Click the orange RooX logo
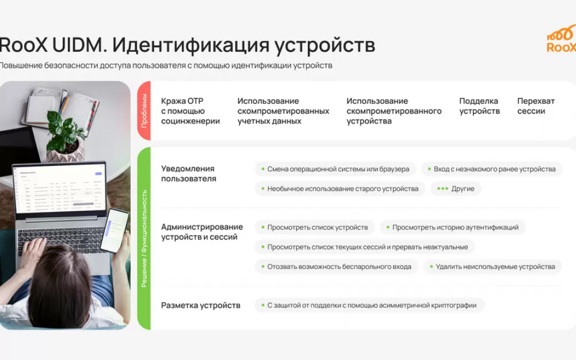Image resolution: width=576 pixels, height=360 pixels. pyautogui.click(x=562, y=39)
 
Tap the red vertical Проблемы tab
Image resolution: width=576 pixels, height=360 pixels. pyautogui.click(x=144, y=111)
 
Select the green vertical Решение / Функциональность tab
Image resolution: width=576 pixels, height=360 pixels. pyautogui.click(x=144, y=238)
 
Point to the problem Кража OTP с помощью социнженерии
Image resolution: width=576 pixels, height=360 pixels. pyautogui.click(x=190, y=111)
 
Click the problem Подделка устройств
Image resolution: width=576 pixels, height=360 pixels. pyautogui.click(x=479, y=106)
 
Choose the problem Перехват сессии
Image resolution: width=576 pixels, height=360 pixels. pyautogui.click(x=536, y=106)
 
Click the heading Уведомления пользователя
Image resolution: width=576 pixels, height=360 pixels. pyautogui.click(x=188, y=174)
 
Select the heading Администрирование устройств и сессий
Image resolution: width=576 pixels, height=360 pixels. pyautogui.click(x=202, y=232)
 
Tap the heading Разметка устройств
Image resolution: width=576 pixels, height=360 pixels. pyautogui.click(x=200, y=305)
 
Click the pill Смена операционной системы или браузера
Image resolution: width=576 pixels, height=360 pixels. pyautogui.click(x=335, y=169)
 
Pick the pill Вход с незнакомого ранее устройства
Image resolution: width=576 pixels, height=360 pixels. pyautogui.click(x=492, y=169)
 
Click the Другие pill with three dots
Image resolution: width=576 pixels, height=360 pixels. pyautogui.click(x=456, y=189)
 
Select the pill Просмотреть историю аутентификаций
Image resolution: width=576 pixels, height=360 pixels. pyautogui.click(x=453, y=228)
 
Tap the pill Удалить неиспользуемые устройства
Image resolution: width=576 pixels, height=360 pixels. pyautogui.click(x=492, y=267)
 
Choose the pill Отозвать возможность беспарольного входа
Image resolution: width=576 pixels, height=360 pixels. pyautogui.click(x=336, y=267)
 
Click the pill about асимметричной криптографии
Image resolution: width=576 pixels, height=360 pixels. pyautogui.click(x=369, y=305)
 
